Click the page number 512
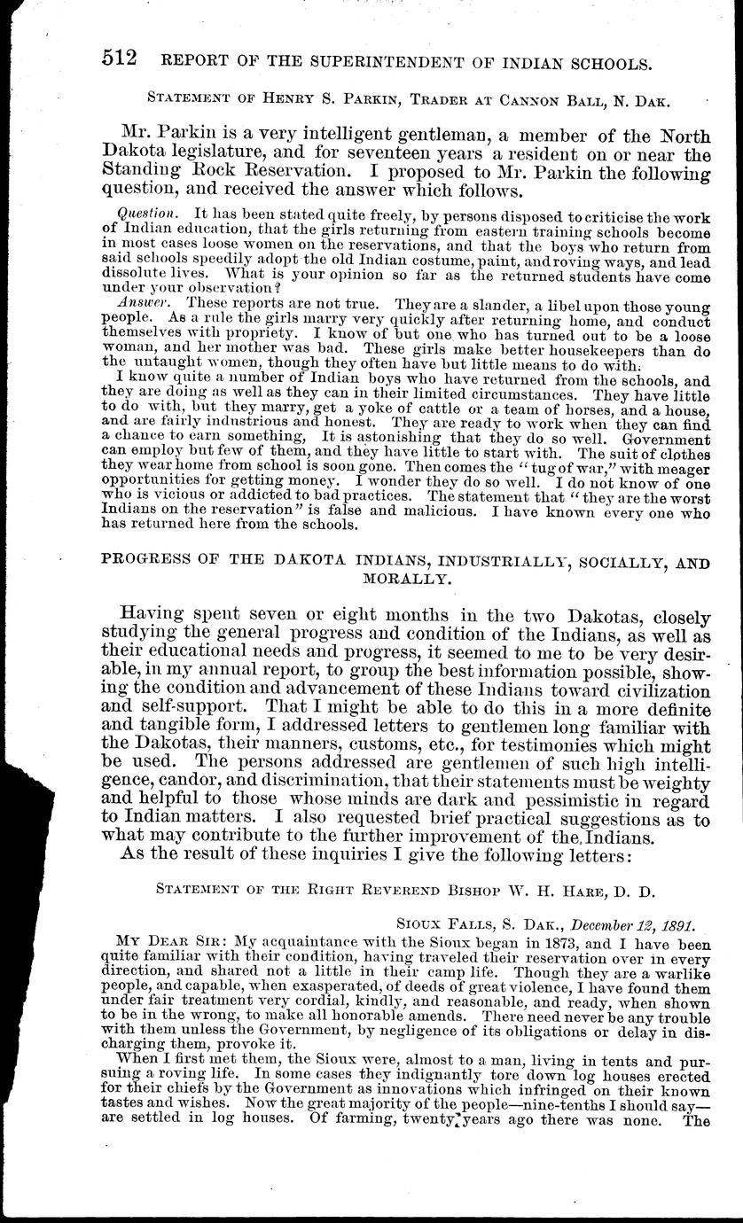(x=119, y=61)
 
